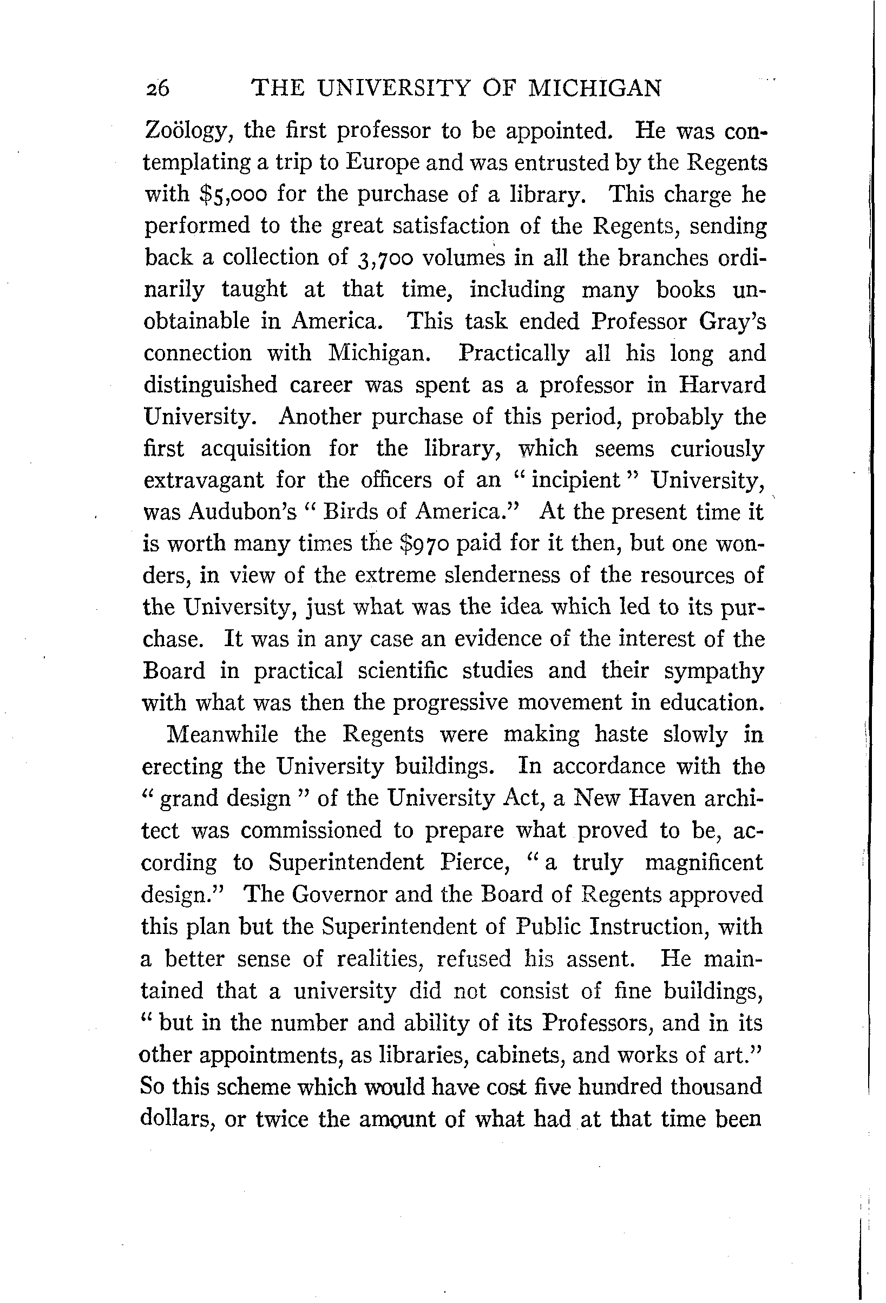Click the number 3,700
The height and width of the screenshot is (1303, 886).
[385, 258]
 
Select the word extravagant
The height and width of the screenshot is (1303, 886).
[202, 481]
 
